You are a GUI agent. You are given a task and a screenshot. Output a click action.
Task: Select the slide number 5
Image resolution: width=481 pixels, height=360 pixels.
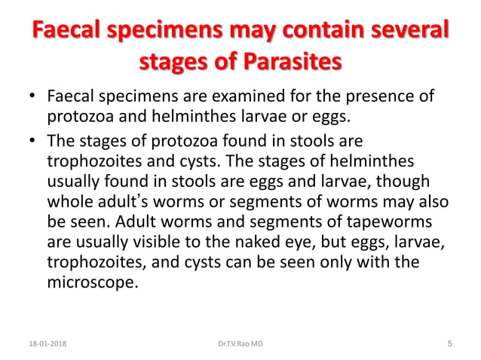[449, 344]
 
